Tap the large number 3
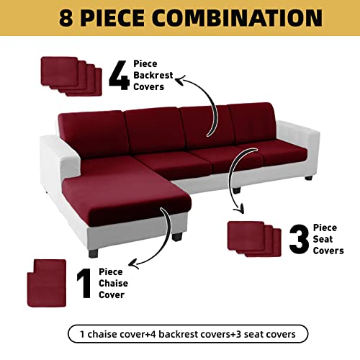click(x=300, y=238)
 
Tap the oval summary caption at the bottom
click(x=187, y=334)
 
